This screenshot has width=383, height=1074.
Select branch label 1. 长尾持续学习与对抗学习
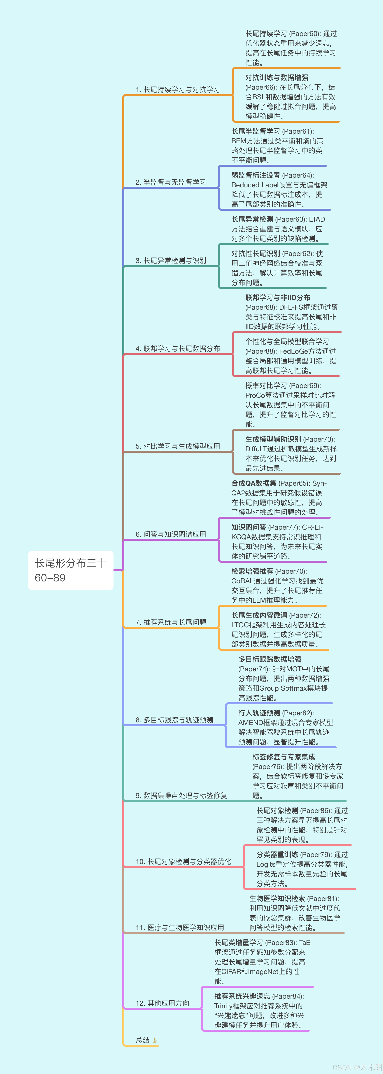pyautogui.click(x=177, y=90)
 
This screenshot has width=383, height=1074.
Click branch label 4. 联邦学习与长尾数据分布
pyautogui.click(x=177, y=348)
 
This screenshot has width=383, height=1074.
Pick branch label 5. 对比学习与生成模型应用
pyautogui.click(x=177, y=446)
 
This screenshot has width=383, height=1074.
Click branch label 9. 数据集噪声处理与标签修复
pyautogui.click(x=181, y=795)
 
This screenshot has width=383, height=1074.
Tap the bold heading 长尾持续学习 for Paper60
pyautogui.click(x=266, y=34)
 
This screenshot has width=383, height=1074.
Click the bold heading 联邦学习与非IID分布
pyautogui.click(x=277, y=298)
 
